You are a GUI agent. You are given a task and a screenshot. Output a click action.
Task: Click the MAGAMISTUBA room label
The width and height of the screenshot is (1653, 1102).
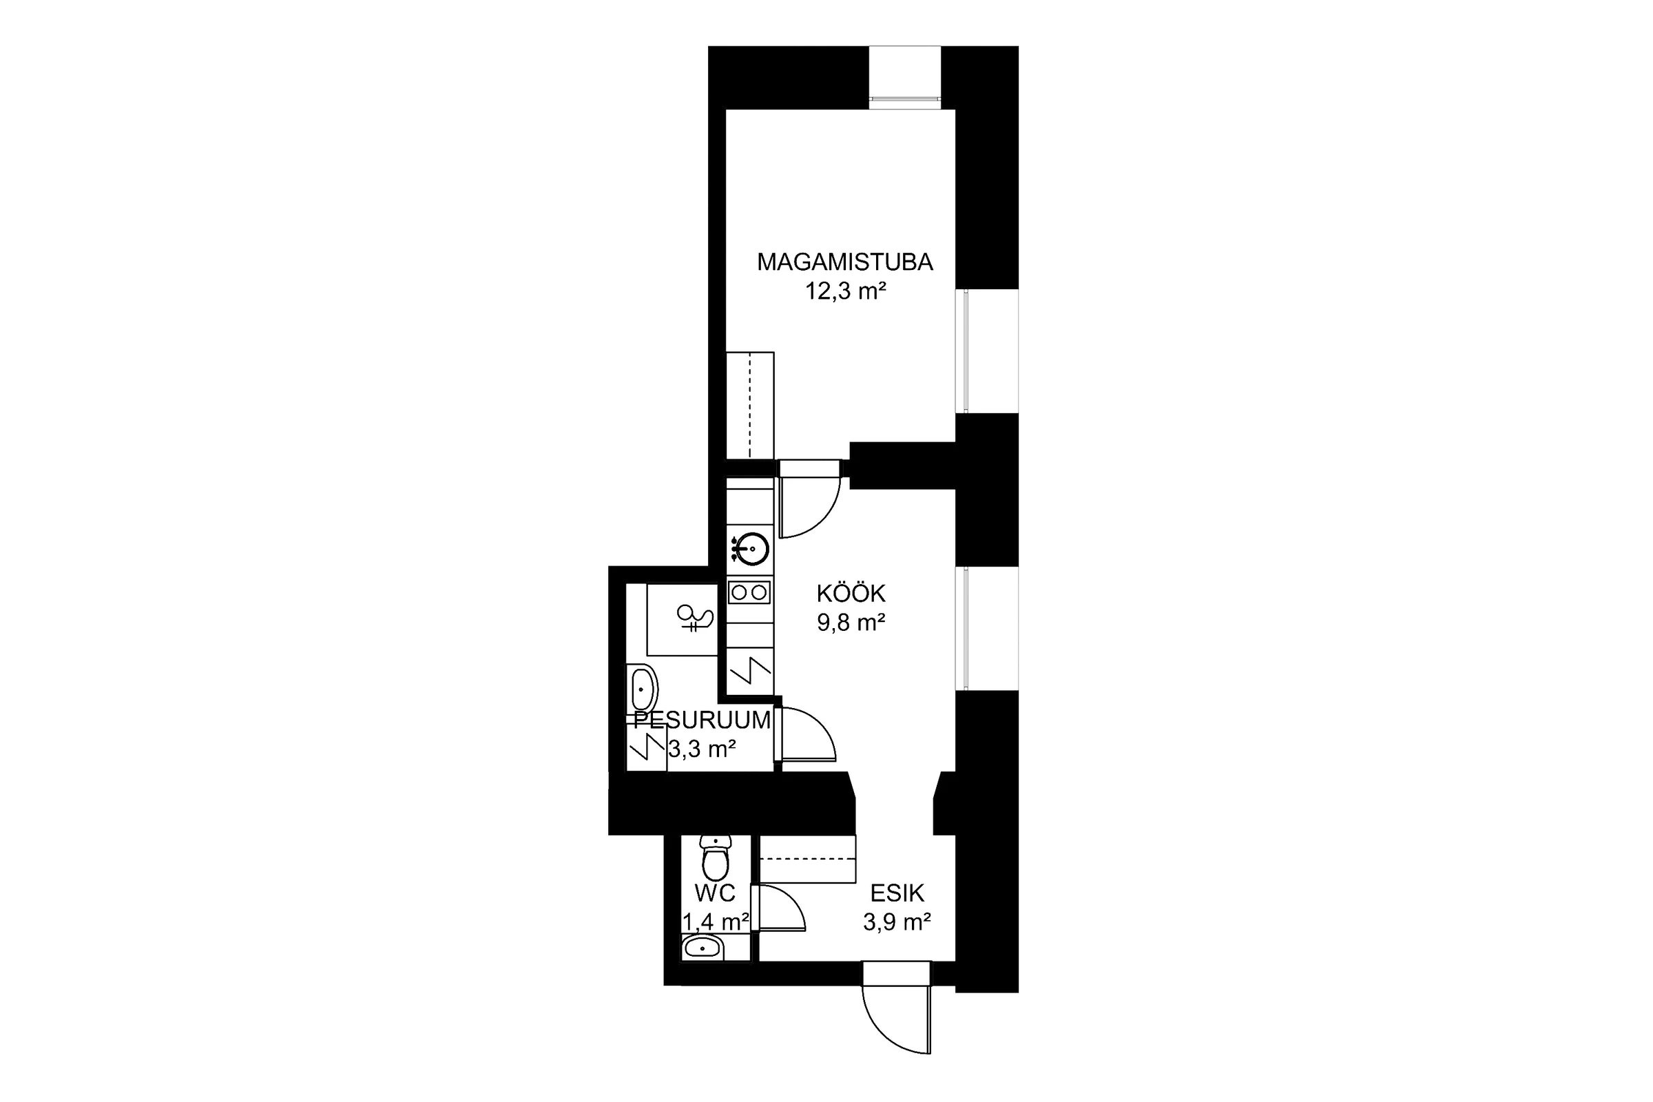tap(845, 262)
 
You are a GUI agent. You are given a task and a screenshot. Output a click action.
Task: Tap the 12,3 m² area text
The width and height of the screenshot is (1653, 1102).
tap(845, 291)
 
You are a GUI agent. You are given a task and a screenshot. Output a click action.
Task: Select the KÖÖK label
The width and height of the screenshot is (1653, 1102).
tap(851, 594)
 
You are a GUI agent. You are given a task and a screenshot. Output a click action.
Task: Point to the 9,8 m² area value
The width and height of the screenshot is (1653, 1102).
tap(851, 623)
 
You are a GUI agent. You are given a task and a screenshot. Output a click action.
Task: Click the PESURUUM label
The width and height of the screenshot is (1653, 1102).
tap(702, 720)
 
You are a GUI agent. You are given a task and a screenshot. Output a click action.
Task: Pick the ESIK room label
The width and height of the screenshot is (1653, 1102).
tap(897, 893)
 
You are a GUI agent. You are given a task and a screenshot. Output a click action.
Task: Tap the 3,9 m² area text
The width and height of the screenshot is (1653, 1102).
tap(897, 922)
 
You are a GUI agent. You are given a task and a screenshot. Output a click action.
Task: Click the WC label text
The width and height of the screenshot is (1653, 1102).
tap(715, 893)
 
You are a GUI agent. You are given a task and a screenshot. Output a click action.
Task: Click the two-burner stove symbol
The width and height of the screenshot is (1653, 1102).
tap(749, 592)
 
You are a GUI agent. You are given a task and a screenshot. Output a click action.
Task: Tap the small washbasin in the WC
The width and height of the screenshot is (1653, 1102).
tap(702, 948)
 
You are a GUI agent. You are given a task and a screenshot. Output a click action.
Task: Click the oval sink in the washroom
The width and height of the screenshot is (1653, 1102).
tap(642, 689)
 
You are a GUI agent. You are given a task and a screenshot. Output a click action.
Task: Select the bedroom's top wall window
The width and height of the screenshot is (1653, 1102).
tap(904, 77)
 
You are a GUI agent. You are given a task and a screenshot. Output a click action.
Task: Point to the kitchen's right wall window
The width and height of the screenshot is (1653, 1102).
tap(987, 628)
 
